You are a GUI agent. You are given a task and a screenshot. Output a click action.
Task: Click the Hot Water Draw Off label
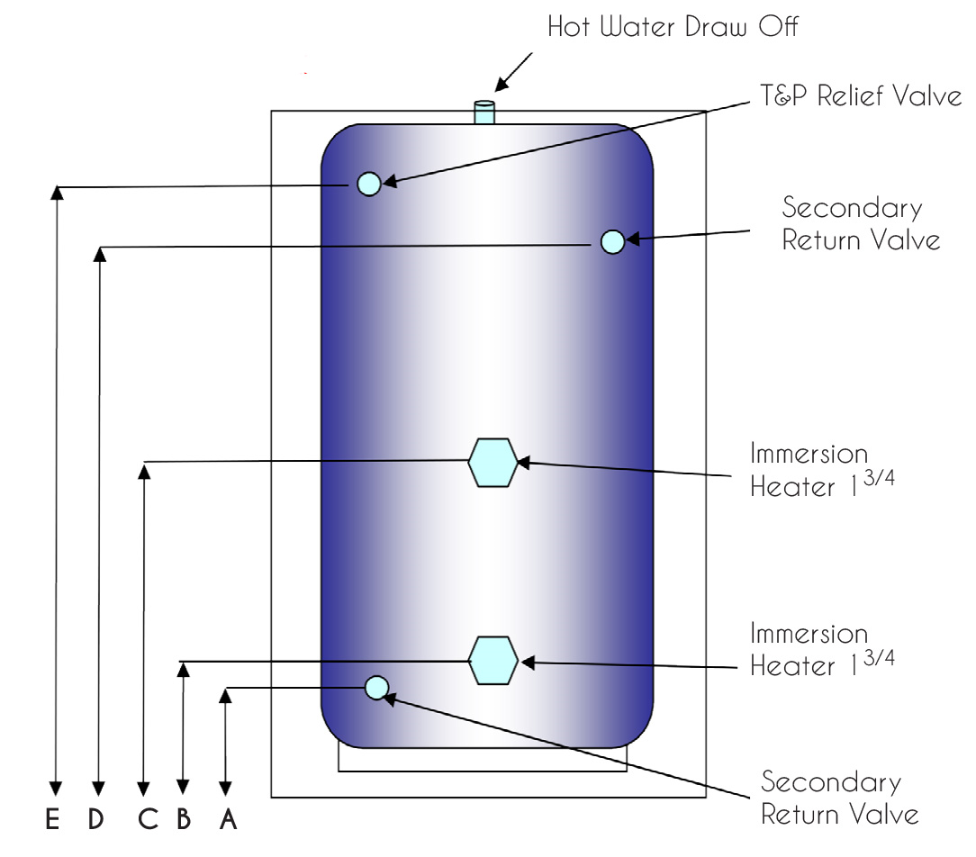pyautogui.click(x=673, y=27)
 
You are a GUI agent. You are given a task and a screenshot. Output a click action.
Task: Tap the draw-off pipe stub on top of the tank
pyautogui.click(x=484, y=112)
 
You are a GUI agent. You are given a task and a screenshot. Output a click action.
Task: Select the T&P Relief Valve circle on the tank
pyautogui.click(x=369, y=184)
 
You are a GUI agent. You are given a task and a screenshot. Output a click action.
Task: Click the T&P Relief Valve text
pyautogui.click(x=861, y=95)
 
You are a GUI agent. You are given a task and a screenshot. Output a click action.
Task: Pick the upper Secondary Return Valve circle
pyautogui.click(x=612, y=241)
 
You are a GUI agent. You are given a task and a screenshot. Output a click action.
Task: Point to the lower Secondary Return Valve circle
pyautogui.click(x=376, y=688)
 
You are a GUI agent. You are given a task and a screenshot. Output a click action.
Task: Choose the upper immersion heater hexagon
pyautogui.click(x=493, y=463)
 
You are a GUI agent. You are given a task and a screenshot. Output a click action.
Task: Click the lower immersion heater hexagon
pyautogui.click(x=493, y=661)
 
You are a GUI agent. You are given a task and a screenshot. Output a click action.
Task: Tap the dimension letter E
pyautogui.click(x=53, y=819)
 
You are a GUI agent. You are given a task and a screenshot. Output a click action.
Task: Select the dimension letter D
pyautogui.click(x=95, y=819)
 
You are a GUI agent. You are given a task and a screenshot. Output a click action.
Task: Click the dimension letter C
pyautogui.click(x=149, y=819)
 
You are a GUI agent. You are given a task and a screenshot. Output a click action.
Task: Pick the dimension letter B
pyautogui.click(x=184, y=819)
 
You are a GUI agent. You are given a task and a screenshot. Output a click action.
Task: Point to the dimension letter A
pyautogui.click(x=229, y=819)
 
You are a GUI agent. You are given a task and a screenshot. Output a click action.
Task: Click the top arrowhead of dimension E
pyautogui.click(x=57, y=193)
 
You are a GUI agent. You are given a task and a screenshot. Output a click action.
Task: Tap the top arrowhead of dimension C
pyautogui.click(x=144, y=471)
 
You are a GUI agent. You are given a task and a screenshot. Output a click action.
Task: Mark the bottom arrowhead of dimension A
pyautogui.click(x=225, y=789)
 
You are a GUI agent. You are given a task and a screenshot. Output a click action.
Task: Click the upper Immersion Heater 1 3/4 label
pyautogui.click(x=822, y=470)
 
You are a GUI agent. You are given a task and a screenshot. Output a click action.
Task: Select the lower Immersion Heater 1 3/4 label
pyautogui.click(x=822, y=649)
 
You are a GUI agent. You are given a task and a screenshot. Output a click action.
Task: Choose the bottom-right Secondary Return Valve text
pyautogui.click(x=840, y=798)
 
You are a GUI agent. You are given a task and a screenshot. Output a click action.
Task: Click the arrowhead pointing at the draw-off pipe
pyautogui.click(x=502, y=85)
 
